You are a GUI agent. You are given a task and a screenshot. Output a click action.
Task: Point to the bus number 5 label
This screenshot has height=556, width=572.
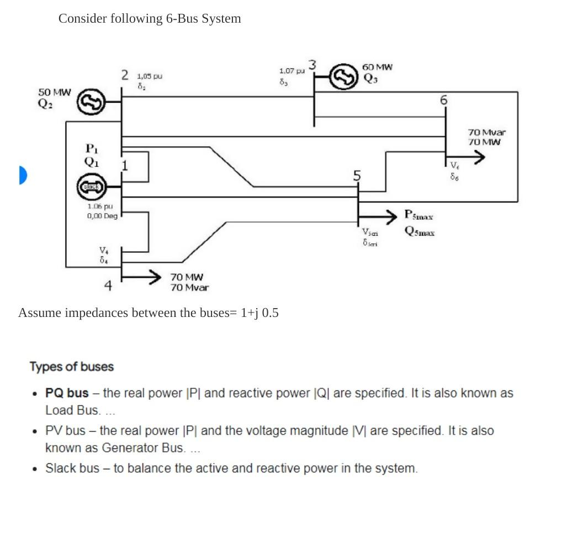[x=357, y=176]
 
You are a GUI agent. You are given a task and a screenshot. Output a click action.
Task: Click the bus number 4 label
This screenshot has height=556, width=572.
[x=108, y=285]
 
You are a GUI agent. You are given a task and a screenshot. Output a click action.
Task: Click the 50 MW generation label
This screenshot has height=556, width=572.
[x=54, y=92]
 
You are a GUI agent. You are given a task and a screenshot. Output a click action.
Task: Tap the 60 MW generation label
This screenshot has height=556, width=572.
[x=377, y=67]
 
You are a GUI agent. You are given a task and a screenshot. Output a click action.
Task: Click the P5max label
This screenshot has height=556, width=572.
[x=419, y=214]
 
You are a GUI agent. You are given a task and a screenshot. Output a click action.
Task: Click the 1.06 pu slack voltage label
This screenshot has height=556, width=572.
[x=100, y=206]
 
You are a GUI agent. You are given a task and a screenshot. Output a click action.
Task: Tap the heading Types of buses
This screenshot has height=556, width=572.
[x=71, y=367]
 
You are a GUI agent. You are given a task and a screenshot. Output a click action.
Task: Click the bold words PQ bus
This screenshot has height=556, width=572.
[x=67, y=393]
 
